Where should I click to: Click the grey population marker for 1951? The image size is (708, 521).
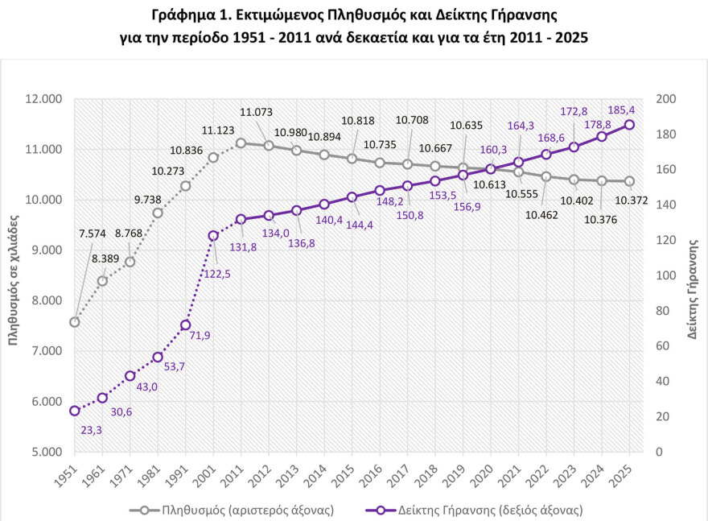coord(75,322)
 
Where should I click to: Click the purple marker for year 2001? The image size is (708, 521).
coord(213,236)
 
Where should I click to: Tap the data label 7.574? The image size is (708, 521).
coord(93,234)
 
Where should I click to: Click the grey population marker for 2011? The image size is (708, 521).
coord(241,143)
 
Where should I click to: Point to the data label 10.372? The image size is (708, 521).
coord(633,201)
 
